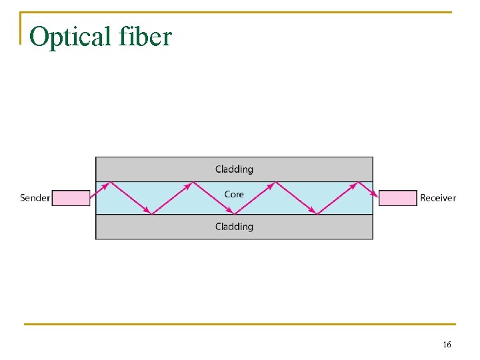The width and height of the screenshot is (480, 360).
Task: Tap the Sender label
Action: pyautogui.click(x=35, y=198)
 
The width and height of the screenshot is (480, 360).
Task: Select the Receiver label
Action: pyautogui.click(x=438, y=198)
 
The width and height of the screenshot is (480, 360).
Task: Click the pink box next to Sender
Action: pyautogui.click(x=71, y=198)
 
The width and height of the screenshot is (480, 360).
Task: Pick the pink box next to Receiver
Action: pyautogui.click(x=398, y=198)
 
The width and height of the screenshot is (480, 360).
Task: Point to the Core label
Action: pyautogui.click(x=234, y=194)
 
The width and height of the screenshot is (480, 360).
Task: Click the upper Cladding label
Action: pyautogui.click(x=234, y=169)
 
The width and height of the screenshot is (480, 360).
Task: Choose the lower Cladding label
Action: pyautogui.click(x=234, y=227)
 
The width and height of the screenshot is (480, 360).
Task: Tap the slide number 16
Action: pyautogui.click(x=447, y=345)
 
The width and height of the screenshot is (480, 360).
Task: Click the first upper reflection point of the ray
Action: pyautogui.click(x=109, y=182)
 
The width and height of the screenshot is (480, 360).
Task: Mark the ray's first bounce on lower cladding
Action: pyautogui.click(x=152, y=214)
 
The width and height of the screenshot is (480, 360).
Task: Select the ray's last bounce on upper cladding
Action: pyautogui.click(x=357, y=182)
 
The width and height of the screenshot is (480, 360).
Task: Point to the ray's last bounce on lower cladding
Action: pyautogui.click(x=317, y=214)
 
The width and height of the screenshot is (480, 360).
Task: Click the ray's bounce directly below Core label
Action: pyautogui.click(x=234, y=214)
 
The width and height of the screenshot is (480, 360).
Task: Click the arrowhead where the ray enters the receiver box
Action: pyautogui.click(x=376, y=196)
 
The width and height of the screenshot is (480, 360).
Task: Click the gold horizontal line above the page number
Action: pyautogui.click(x=240, y=325)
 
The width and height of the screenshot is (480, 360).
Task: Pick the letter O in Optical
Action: pyautogui.click(x=39, y=37)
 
